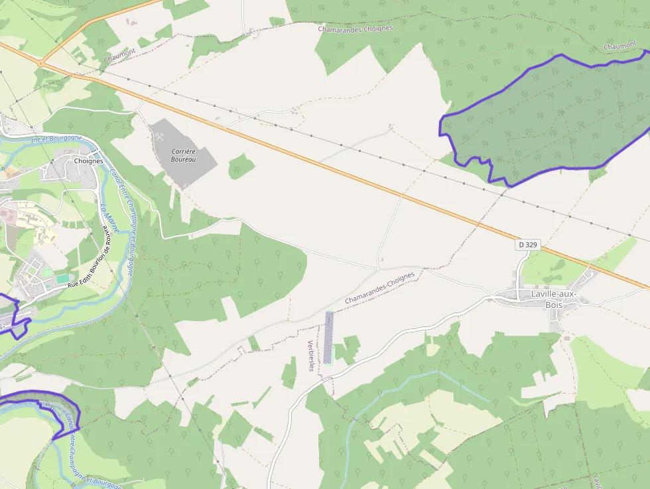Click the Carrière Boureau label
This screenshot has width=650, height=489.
click(x=183, y=155)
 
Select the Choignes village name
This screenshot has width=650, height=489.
click(x=89, y=161)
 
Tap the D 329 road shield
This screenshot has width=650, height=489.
click(x=528, y=245)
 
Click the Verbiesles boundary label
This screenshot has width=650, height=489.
click(x=311, y=356)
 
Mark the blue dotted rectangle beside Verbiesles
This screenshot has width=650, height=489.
click(x=328, y=338)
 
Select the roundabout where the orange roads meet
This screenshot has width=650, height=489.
click(x=40, y=63)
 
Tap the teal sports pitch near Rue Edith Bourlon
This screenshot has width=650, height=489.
click(x=63, y=279)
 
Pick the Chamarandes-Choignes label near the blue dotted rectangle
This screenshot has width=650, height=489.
click(x=379, y=287)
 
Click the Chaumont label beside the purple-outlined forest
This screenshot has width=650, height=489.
click(x=620, y=45)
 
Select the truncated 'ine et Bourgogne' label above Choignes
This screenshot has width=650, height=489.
click(x=56, y=138)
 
